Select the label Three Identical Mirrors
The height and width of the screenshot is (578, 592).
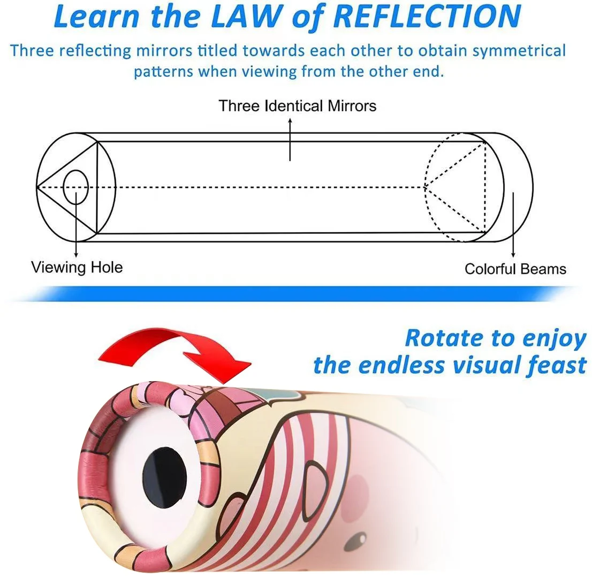point(297,106)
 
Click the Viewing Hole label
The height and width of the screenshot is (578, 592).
point(77,267)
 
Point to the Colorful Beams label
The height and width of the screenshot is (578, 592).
point(515,269)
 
